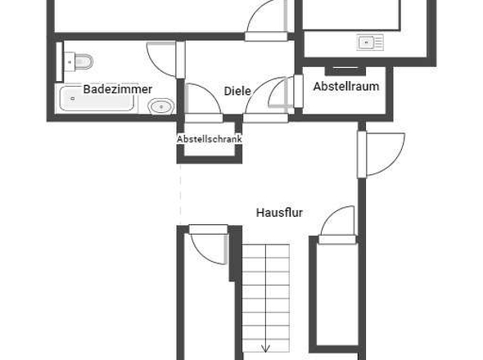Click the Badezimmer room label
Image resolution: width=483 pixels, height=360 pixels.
117,89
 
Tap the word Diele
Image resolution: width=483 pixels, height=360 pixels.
237,91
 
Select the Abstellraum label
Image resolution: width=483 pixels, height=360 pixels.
345,86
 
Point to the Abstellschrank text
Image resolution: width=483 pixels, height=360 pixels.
210,139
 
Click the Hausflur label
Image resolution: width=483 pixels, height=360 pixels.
279,213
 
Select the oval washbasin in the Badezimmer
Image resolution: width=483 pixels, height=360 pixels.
161,106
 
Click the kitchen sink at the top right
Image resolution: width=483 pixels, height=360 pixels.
370,42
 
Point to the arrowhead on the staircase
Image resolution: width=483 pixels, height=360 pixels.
266,349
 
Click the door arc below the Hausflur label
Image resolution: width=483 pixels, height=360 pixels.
337,223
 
